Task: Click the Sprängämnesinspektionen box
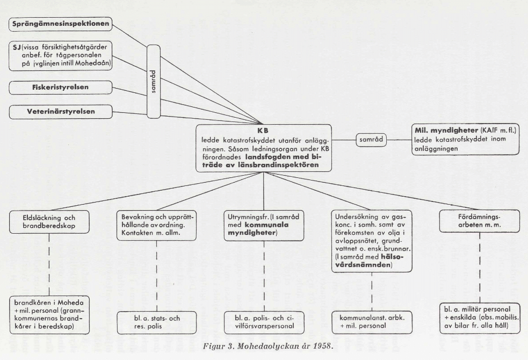(x=61, y=24)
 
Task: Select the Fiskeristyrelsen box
(x=61, y=87)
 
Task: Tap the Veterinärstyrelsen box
(x=61, y=111)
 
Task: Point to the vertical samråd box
(x=154, y=82)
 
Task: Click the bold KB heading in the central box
(x=263, y=131)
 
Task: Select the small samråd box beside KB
(x=371, y=139)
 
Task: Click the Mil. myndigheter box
(x=465, y=139)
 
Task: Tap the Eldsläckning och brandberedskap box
(x=49, y=222)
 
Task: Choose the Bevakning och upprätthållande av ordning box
(x=157, y=225)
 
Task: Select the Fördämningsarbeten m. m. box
(x=480, y=221)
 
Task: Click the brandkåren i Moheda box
(x=49, y=315)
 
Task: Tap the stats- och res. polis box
(x=157, y=322)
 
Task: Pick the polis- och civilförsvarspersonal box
(x=264, y=322)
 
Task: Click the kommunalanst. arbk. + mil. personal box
(x=372, y=322)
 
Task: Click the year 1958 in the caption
(x=323, y=346)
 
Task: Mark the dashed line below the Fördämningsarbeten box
(x=480, y=268)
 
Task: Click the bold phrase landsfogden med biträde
(x=283, y=161)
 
